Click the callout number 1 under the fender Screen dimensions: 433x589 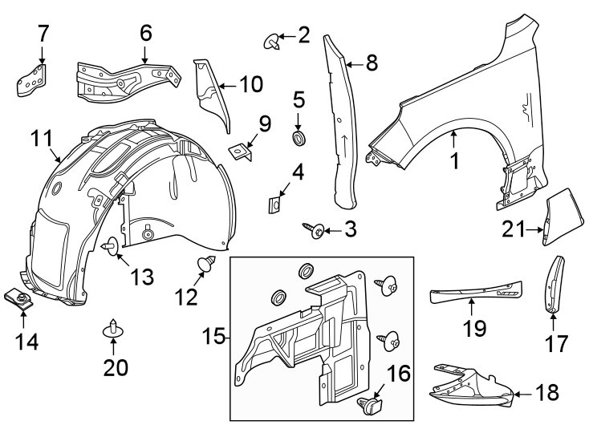[454, 161]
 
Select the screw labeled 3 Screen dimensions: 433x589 [316, 230]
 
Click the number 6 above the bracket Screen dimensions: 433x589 [145, 33]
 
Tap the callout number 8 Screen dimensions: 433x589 [371, 63]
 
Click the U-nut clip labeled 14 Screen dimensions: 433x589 [22, 300]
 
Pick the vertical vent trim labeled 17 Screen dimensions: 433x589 [554, 284]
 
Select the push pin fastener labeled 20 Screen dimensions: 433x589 [113, 330]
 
